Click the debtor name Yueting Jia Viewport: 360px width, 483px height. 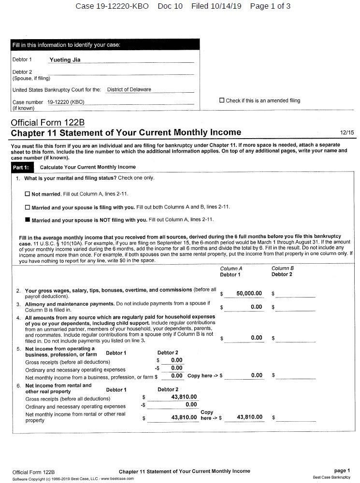(x=65, y=60)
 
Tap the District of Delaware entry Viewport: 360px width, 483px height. (x=129, y=89)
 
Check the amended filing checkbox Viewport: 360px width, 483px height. (x=222, y=100)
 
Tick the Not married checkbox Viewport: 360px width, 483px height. (x=28, y=194)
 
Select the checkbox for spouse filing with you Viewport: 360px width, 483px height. (x=28, y=207)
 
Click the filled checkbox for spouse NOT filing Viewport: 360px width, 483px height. (x=28, y=220)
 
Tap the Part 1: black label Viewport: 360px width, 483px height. (x=21, y=167)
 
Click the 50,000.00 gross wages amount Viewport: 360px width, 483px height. (x=249, y=293)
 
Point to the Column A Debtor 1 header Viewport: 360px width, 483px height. (x=231, y=271)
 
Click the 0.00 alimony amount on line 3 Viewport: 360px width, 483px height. (x=256, y=307)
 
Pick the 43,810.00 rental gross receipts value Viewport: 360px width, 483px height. (x=184, y=397)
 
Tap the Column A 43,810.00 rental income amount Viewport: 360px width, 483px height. (x=249, y=417)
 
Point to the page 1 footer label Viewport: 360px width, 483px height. (x=342, y=470)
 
